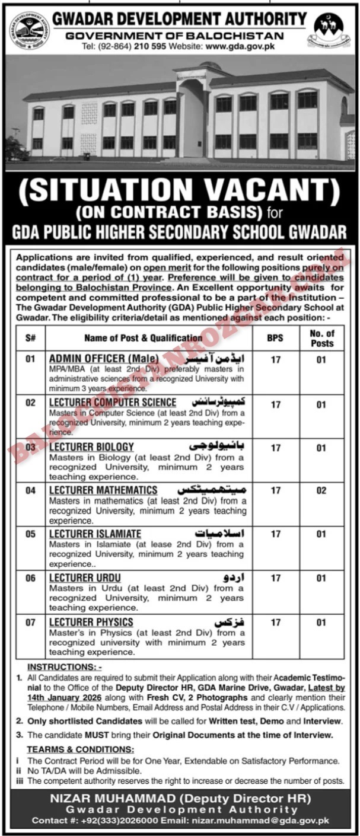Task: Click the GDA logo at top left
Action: (29, 30)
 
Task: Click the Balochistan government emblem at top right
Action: (328, 30)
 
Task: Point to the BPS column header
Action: (275, 338)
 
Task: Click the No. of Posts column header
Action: (322, 338)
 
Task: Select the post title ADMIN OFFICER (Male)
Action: (104, 359)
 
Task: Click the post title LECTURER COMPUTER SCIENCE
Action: (113, 403)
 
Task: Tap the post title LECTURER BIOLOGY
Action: (91, 446)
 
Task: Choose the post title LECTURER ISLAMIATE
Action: (95, 534)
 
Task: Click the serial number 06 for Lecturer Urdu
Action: (30, 578)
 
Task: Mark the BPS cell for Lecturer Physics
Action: (275, 623)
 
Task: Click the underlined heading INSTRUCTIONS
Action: (65, 667)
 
